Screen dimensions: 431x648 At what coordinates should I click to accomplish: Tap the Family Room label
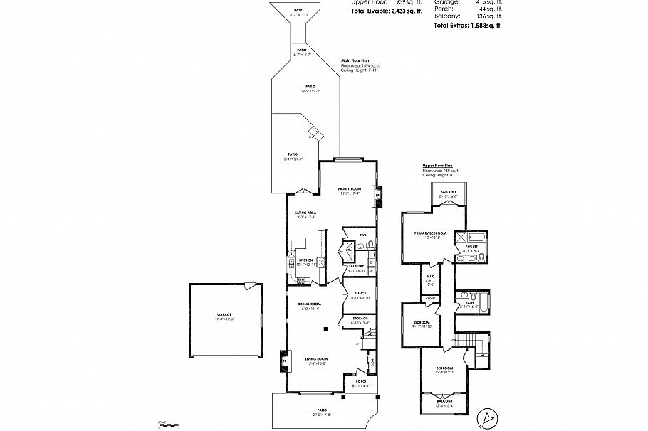[349, 189]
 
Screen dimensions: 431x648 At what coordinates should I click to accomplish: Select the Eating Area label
[305, 213]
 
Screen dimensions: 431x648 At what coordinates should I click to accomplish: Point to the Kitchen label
[306, 261]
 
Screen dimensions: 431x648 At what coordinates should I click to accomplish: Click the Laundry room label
[356, 267]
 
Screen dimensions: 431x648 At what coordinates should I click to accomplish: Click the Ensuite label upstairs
[472, 246]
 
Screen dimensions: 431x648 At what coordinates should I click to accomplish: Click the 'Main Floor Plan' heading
[355, 61]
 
